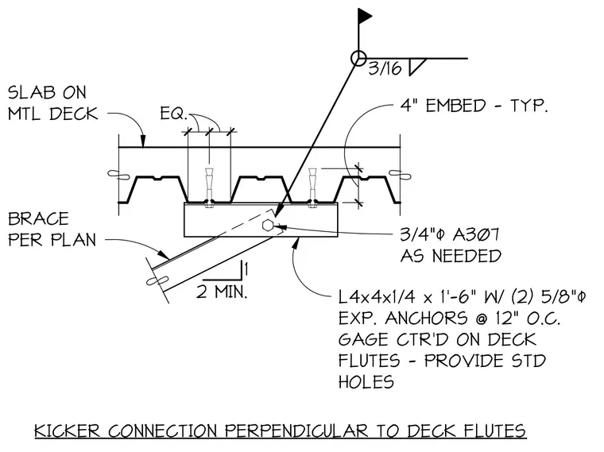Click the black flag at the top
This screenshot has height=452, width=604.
click(x=364, y=16)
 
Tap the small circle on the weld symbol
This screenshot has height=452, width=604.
click(x=358, y=59)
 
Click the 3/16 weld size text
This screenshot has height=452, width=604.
click(x=385, y=68)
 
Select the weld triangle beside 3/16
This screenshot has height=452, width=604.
click(x=416, y=66)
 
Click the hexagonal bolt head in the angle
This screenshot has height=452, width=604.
click(x=268, y=226)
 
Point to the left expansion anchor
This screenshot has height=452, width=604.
click(x=209, y=188)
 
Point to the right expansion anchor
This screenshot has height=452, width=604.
click(x=312, y=188)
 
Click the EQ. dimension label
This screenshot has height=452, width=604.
click(x=173, y=114)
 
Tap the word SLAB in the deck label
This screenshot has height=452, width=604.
click(x=32, y=93)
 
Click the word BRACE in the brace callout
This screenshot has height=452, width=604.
click(x=38, y=218)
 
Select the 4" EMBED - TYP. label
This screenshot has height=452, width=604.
click(x=474, y=105)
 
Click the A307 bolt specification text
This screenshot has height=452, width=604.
click(x=476, y=234)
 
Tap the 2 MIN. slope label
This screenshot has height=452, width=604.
click(x=222, y=292)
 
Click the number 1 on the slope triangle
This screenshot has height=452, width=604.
click(x=246, y=268)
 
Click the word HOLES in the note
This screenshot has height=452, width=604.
click(x=366, y=382)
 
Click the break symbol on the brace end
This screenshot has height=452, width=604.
click(x=157, y=280)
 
